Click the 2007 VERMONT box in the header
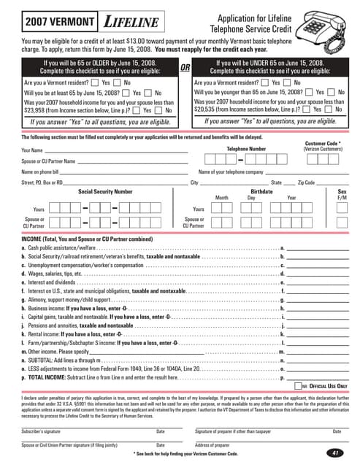[50, 23]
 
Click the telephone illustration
[323, 23]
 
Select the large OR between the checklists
[185, 68]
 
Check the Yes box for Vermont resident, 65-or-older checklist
[96, 83]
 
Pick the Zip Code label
[306, 182]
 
